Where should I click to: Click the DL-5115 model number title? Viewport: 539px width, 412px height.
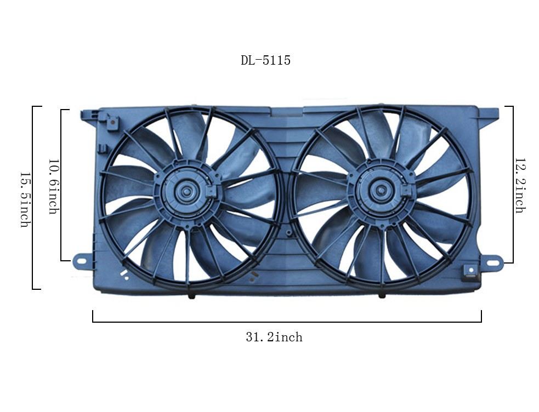(265, 60)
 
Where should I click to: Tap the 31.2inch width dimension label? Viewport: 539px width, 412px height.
(274, 337)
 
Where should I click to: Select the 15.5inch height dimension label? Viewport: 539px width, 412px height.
(24, 199)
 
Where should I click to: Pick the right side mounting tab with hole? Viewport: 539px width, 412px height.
(492, 262)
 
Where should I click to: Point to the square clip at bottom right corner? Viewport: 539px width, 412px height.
(470, 271)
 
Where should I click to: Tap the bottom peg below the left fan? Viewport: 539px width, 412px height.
(191, 296)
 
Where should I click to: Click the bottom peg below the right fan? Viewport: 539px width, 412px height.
(382, 295)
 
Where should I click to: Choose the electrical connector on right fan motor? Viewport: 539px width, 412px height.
(406, 191)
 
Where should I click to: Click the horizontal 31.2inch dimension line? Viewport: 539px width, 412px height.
(287, 322)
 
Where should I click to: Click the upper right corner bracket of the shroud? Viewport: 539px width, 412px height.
(487, 114)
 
